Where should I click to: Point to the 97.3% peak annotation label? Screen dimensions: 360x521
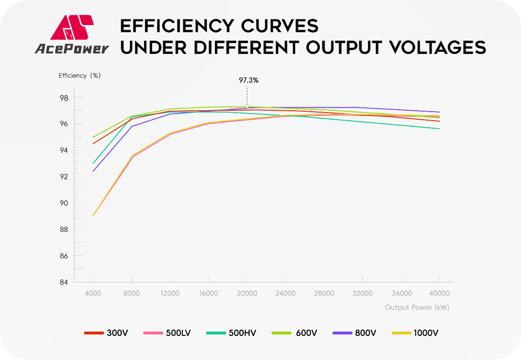tap(248, 80)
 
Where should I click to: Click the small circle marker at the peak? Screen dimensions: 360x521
tap(247, 106)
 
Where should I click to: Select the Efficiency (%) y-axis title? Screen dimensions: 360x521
tap(79, 75)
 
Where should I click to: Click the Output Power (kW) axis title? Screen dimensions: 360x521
tap(416, 307)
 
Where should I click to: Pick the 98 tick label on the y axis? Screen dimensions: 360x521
tap(64, 98)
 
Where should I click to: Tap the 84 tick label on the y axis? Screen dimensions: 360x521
tap(64, 282)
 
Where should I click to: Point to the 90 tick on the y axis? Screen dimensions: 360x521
tap(64, 203)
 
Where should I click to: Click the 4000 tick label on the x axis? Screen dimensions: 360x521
tap(93, 293)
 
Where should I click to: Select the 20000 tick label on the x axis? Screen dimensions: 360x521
tap(247, 293)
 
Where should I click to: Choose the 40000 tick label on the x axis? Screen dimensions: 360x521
tap(440, 293)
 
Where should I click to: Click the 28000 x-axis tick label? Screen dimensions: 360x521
tap(324, 293)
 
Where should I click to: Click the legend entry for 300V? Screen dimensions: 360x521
tap(106, 333)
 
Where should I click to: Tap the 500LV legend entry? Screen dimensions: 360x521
tap(167, 333)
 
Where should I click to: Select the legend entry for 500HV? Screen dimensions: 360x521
tap(231, 333)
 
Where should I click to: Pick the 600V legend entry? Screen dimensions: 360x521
tap(294, 333)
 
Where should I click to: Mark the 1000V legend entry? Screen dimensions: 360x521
tap(415, 333)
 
